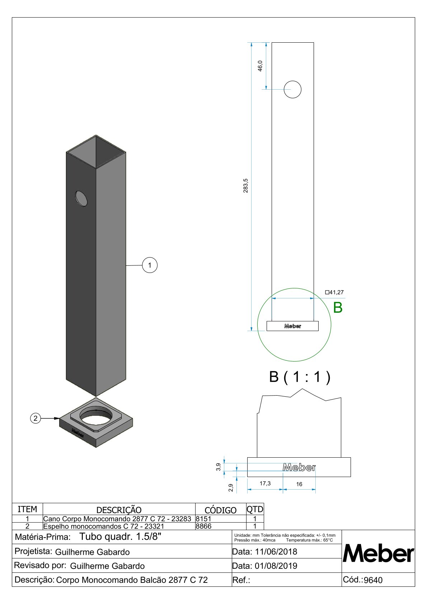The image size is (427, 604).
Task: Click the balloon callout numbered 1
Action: [x=150, y=265]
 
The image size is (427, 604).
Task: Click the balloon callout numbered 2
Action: [x=35, y=418]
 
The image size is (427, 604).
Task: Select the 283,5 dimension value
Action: [x=245, y=185]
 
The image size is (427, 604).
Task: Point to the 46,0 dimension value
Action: [x=260, y=66]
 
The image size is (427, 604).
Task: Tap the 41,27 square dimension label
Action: [x=334, y=292]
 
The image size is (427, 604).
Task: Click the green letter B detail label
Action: [x=338, y=307]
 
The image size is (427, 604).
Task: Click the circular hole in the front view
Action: [x=292, y=89]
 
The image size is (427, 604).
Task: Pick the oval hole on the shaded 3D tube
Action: [x=81, y=199]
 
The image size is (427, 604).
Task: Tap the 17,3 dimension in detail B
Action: [x=265, y=483]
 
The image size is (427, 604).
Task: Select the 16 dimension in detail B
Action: [x=299, y=484]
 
